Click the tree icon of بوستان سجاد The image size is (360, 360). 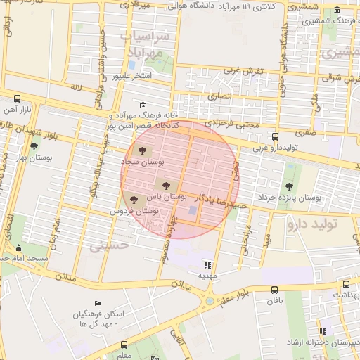pos(143,150)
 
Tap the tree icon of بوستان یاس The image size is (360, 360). pos(166,186)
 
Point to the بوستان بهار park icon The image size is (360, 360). pos(34,146)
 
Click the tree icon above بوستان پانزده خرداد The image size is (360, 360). pos(289,186)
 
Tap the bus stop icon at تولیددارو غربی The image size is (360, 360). pos(275,137)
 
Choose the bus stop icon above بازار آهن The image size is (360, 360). pos(17,99)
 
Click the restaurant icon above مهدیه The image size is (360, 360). pos(207,265)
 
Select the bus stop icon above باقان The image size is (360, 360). pos(274,289)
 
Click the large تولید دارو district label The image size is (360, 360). pos(323,224)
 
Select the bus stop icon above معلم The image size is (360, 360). pos(125,345)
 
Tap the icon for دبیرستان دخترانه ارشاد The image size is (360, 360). pos(322,331)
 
